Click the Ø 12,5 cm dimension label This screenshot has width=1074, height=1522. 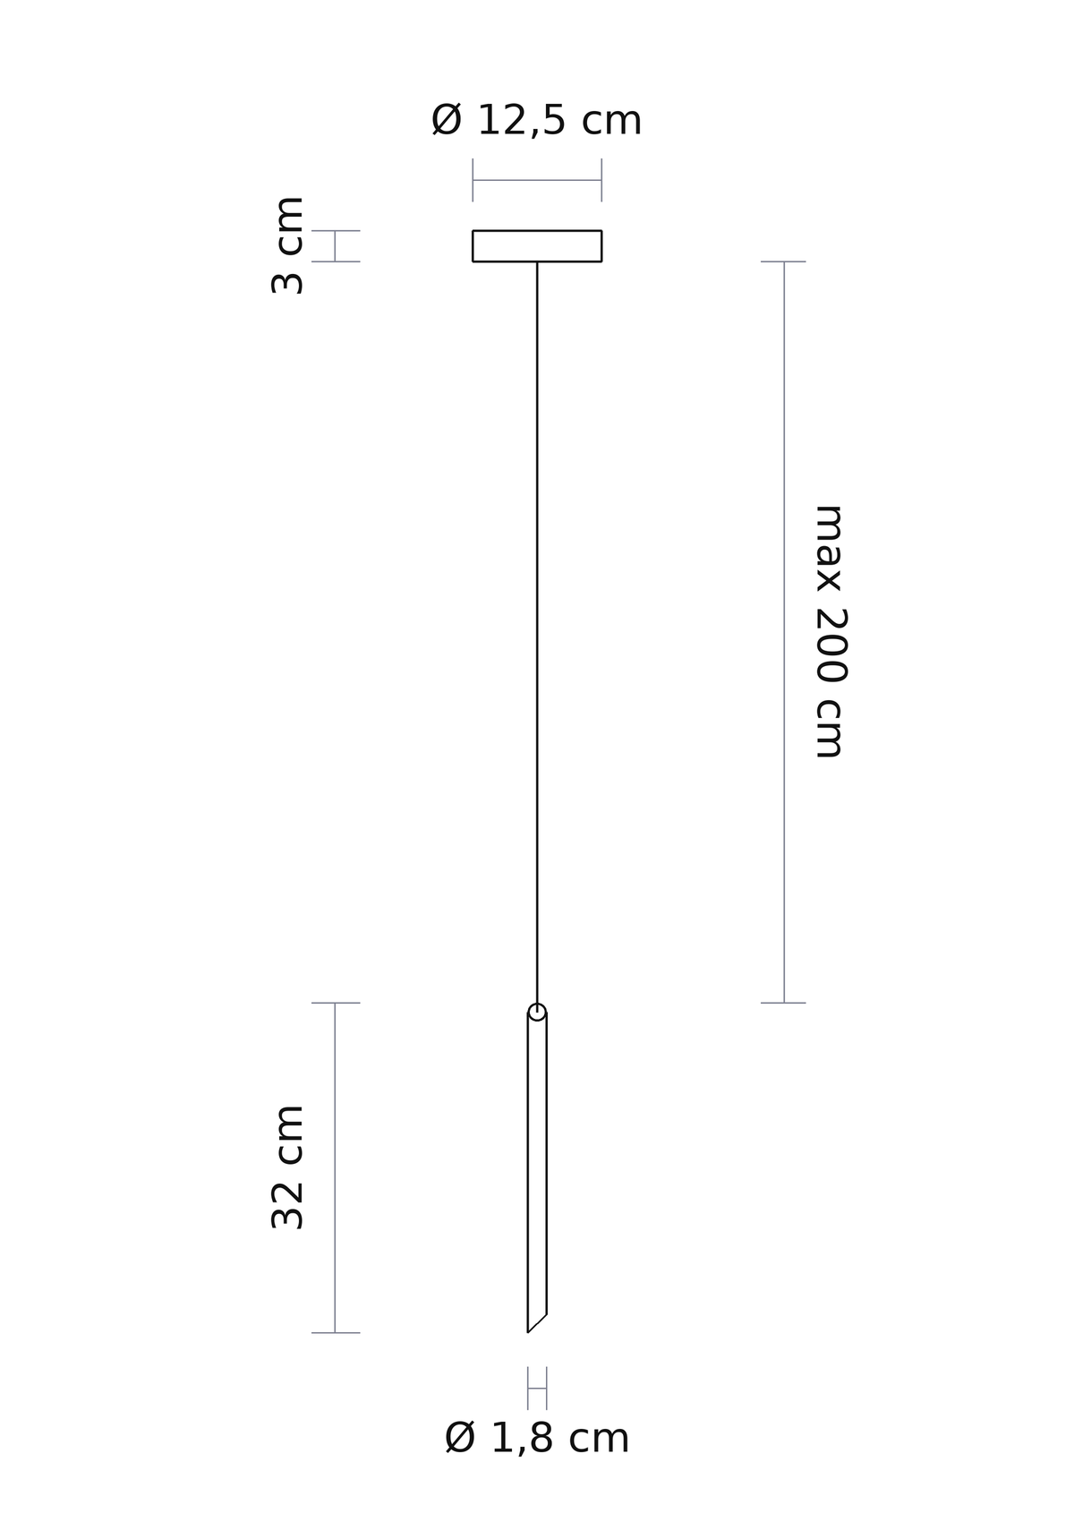click(536, 121)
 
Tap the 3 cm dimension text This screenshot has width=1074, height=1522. click(288, 245)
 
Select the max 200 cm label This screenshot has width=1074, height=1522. click(830, 631)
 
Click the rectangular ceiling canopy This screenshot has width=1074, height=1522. click(537, 231)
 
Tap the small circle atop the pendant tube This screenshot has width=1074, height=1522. click(537, 1012)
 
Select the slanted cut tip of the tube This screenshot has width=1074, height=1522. click(537, 1322)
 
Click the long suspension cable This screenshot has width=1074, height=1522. click(537, 632)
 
